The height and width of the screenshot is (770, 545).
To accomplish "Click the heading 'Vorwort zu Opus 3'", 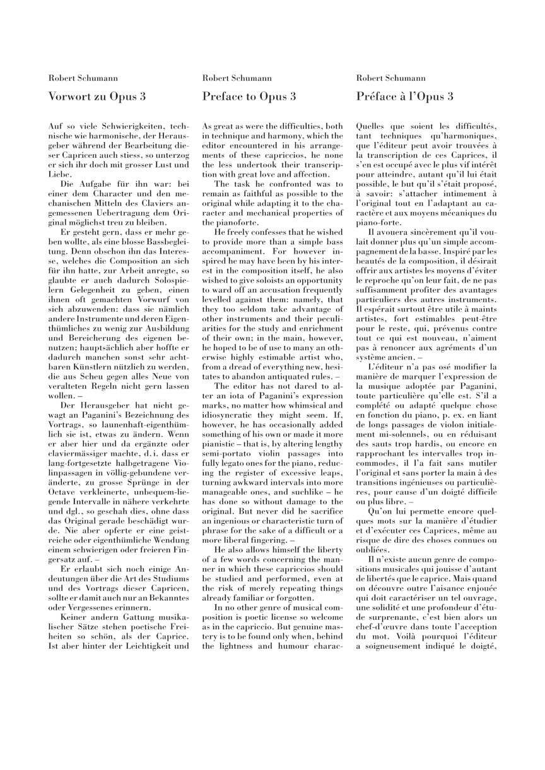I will (97, 97).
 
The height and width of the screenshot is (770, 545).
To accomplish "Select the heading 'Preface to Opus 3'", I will (249, 97).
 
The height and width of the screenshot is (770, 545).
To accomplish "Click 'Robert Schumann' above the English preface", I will (237, 78).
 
